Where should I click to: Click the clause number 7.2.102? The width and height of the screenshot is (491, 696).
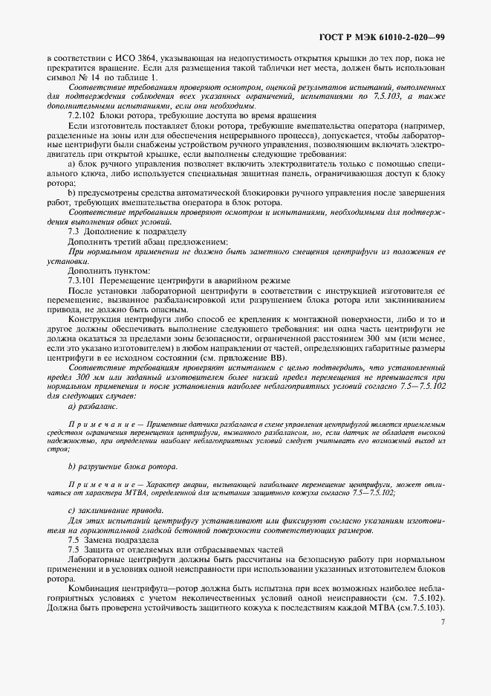pyautogui.click(x=82, y=115)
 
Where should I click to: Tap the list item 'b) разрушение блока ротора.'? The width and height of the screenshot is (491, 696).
pyautogui.click(x=123, y=465)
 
